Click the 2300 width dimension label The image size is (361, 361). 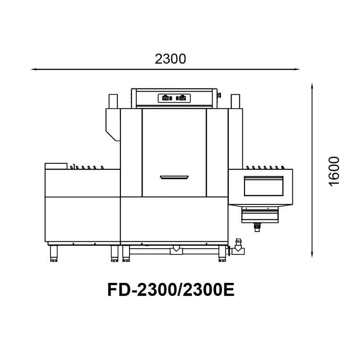[x=170, y=59]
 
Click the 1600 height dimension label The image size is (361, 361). [x=334, y=171]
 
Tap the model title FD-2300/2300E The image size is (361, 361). [x=171, y=290]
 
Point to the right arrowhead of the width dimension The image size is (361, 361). [x=296, y=69]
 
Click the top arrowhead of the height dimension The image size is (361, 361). [x=312, y=86]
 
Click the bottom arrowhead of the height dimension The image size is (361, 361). [x=312, y=254]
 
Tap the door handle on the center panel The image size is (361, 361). [x=174, y=177]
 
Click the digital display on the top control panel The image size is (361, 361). [x=174, y=98]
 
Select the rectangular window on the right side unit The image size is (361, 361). [x=264, y=186]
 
